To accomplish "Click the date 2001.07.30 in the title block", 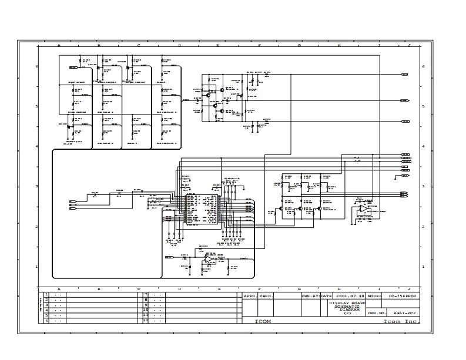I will click(351, 297).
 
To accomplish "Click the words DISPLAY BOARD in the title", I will click(347, 303).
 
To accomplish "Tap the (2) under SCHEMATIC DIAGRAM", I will click(347, 313).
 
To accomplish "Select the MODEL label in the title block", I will click(374, 297).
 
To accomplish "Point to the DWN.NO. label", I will click(376, 313).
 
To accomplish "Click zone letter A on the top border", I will click(59, 45).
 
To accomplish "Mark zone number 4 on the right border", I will click(423, 147).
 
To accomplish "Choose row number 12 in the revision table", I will click(145, 321).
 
